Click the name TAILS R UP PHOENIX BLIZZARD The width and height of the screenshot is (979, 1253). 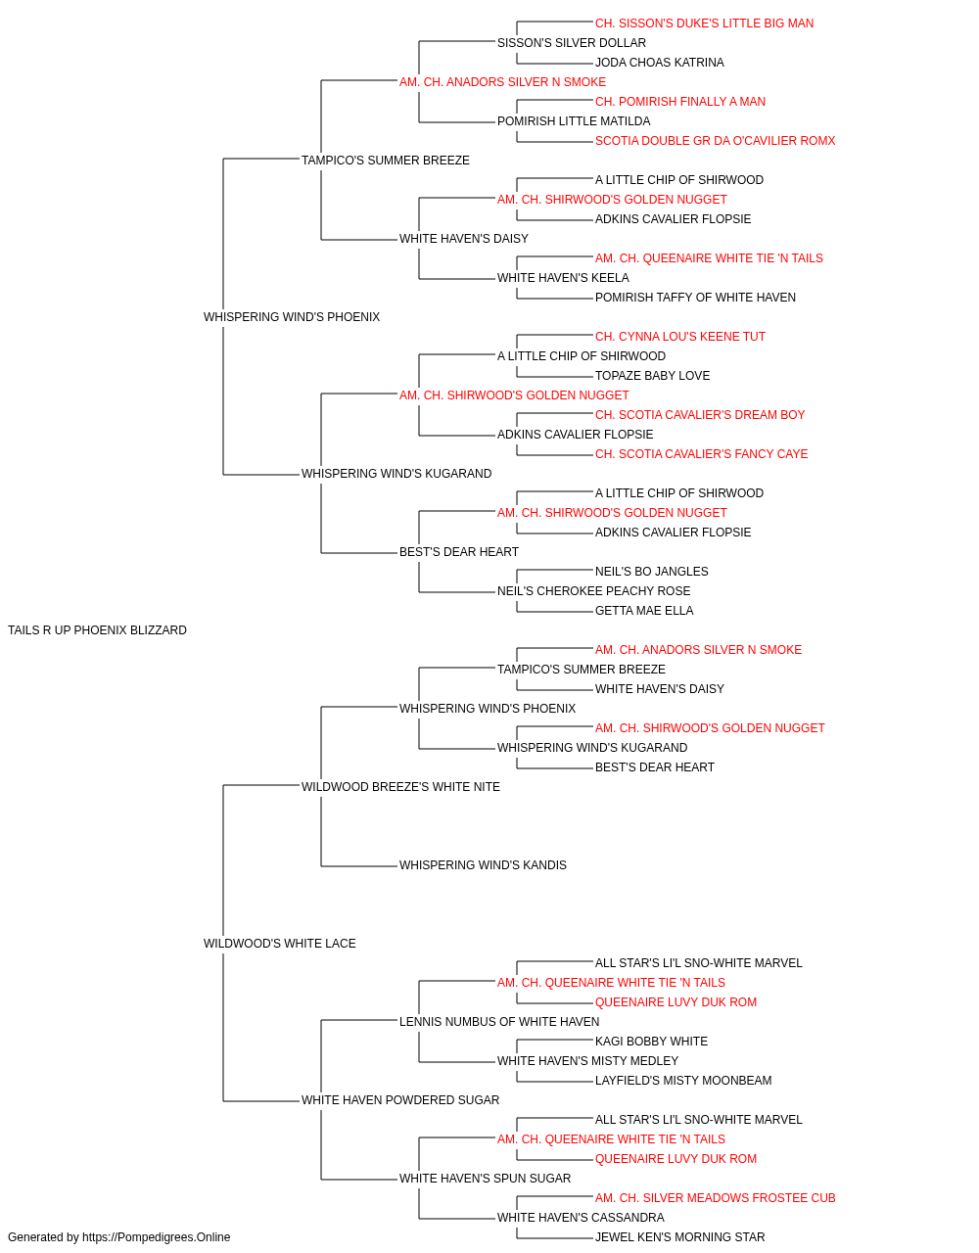[97, 630]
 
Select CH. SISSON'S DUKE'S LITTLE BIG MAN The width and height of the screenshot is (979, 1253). [704, 23]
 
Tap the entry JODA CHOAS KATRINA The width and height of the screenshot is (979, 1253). [659, 63]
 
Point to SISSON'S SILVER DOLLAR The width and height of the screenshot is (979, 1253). [572, 43]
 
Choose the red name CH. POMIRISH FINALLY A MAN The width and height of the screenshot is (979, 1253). [679, 102]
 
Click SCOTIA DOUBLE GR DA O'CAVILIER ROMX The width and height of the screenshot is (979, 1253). [715, 141]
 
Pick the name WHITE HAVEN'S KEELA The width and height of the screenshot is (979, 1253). [563, 278]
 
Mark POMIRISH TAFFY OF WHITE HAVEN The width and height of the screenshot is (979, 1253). [695, 298]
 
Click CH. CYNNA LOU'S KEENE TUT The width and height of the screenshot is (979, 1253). [679, 337]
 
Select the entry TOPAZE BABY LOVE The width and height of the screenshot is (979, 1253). [652, 376]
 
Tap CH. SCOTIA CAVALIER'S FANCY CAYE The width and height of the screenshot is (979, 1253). [701, 454]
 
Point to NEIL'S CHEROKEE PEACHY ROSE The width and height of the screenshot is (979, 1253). [593, 591]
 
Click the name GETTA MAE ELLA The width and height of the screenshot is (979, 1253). [644, 611]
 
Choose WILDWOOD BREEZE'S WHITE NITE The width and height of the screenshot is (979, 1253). [400, 787]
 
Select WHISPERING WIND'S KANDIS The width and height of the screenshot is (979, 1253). [483, 865]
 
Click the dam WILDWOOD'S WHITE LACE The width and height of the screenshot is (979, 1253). [279, 944]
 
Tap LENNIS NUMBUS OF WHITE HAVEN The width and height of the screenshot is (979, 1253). [498, 1022]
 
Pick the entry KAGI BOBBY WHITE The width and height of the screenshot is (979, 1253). [651, 1042]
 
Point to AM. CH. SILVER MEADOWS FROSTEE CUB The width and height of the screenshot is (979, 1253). [715, 1198]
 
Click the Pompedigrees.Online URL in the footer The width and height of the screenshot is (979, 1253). [156, 1237]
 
